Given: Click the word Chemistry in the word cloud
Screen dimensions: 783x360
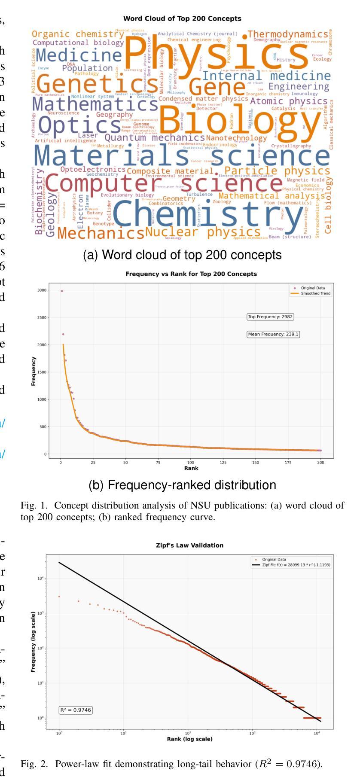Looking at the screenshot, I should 207,214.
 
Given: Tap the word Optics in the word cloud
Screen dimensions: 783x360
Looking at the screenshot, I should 79,125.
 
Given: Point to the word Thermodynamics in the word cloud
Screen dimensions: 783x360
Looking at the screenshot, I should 287,34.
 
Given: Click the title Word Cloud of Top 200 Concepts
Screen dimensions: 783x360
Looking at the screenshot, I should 182,18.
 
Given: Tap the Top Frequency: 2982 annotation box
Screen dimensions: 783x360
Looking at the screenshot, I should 271,317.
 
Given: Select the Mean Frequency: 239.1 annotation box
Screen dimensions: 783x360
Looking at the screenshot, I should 273,334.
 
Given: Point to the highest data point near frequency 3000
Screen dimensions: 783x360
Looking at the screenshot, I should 62,291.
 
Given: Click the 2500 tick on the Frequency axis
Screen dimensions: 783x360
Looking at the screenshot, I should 42,317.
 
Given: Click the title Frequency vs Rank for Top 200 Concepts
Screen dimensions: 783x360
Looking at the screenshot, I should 191,274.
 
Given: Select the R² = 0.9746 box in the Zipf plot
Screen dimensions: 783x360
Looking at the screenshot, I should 76,710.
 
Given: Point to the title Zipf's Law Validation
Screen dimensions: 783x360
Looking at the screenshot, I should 189,545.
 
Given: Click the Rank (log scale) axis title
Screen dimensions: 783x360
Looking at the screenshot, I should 189,739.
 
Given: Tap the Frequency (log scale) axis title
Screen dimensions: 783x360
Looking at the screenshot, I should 33,642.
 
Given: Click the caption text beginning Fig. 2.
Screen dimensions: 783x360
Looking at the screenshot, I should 171,764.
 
